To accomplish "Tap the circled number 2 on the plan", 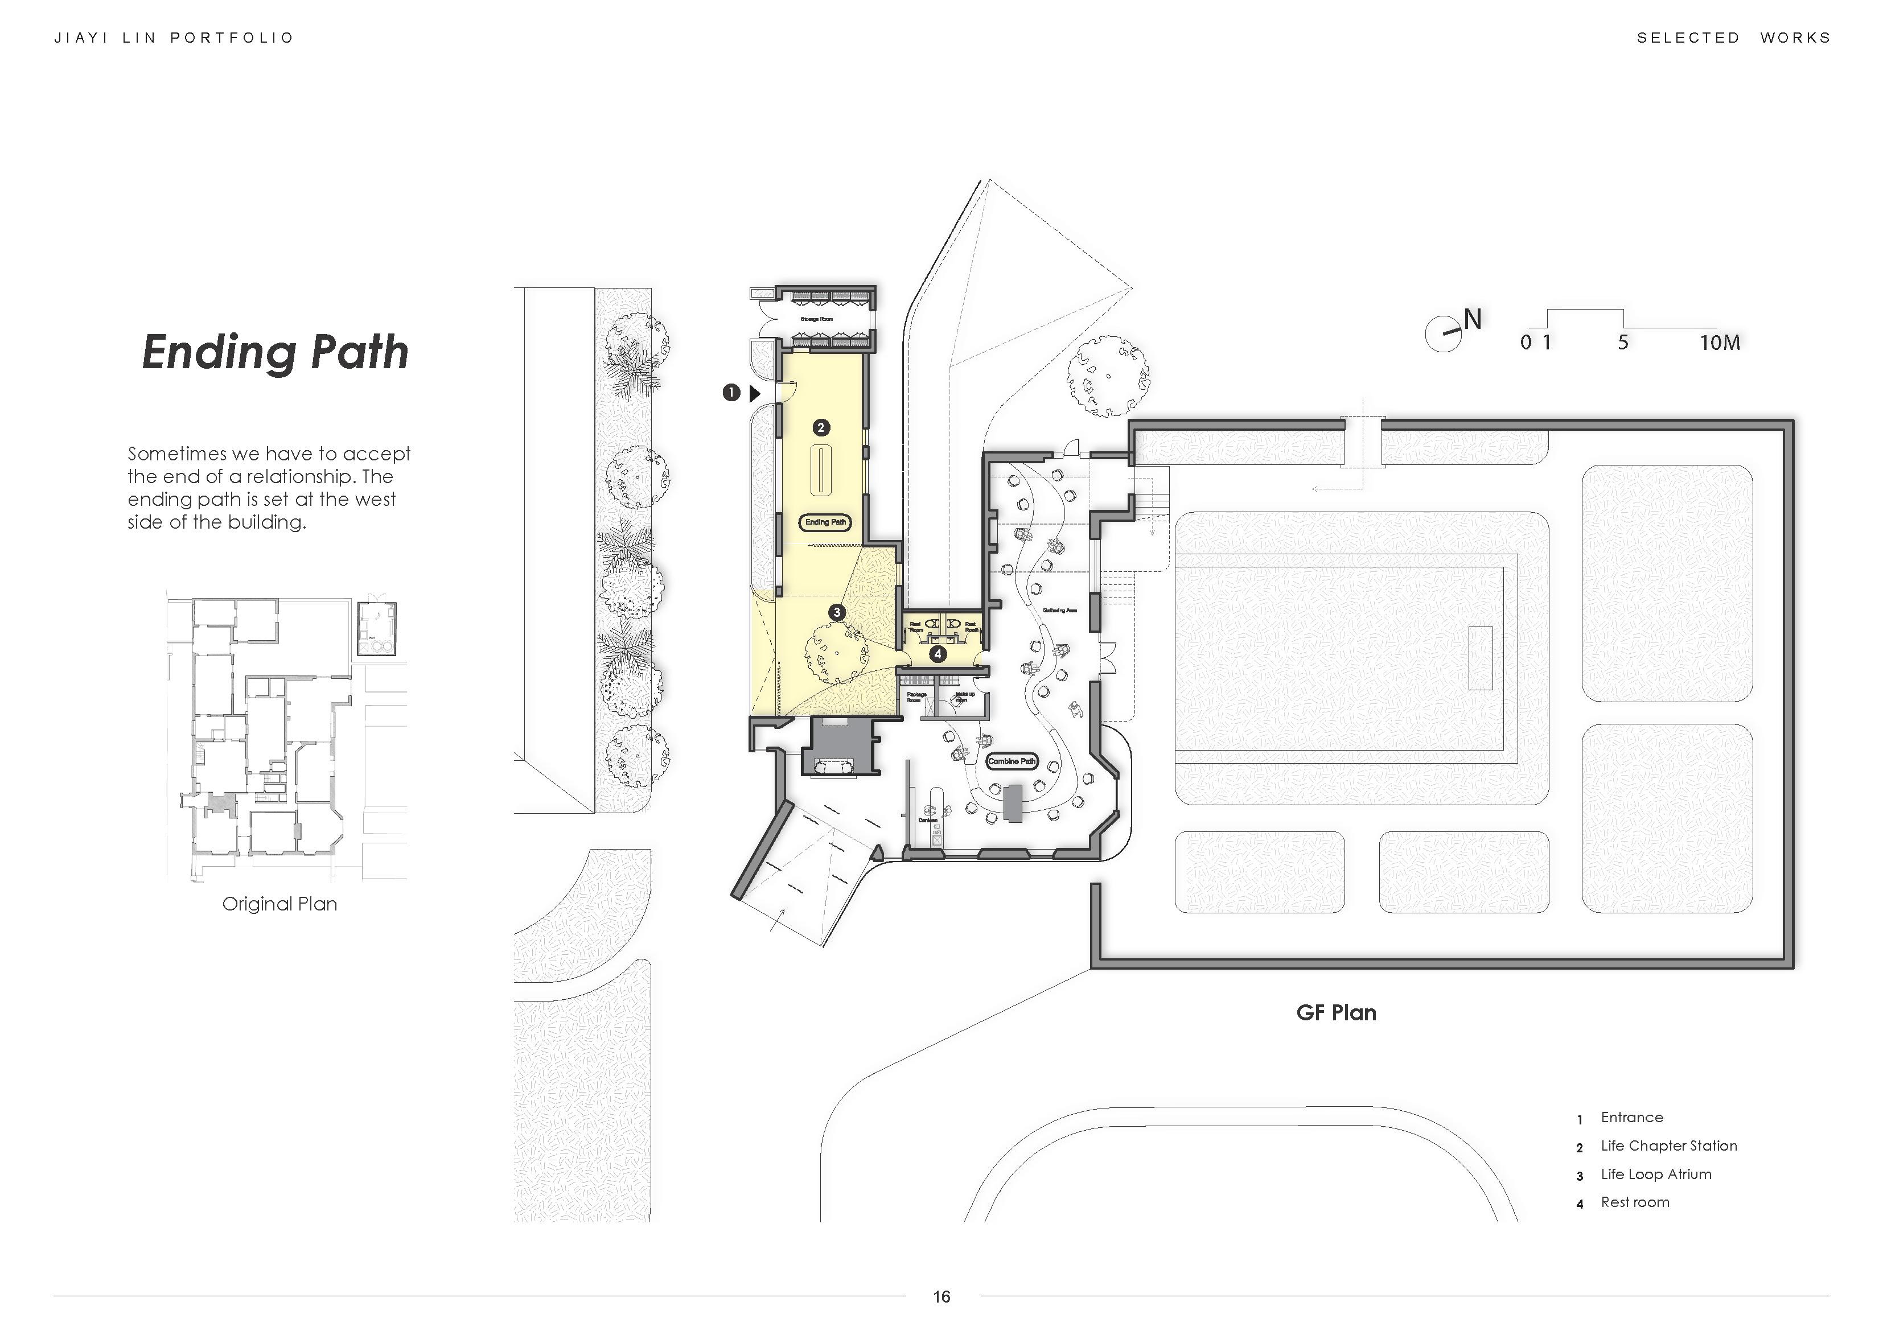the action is click(x=820, y=427).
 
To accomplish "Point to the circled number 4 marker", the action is click(x=938, y=654).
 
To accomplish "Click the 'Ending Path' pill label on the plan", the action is click(x=825, y=522).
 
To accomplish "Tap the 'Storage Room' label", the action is click(x=817, y=319).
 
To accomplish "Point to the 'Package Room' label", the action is click(x=916, y=697).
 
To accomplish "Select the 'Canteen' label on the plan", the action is click(x=928, y=820).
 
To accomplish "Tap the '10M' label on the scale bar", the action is click(x=1720, y=343).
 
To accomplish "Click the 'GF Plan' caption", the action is click(x=1336, y=1013).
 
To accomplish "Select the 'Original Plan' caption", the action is click(x=279, y=904).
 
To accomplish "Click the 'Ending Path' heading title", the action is click(x=276, y=353).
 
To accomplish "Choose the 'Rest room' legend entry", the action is click(x=1634, y=1202).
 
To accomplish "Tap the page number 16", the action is click(x=941, y=1296).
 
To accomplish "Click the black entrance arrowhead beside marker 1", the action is click(x=755, y=394).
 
